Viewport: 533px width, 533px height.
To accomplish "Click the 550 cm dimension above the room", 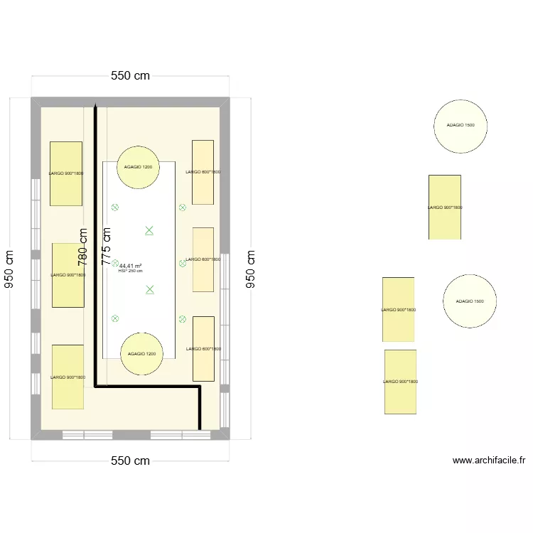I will (x=130, y=76).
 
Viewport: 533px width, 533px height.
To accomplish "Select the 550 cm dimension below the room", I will (x=130, y=461).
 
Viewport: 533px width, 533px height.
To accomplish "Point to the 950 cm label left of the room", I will (x=9, y=269).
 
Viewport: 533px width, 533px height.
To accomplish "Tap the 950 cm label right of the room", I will (x=250, y=269).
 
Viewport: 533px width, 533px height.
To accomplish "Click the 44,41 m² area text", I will (x=130, y=266).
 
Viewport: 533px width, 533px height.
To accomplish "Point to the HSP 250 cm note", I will (x=131, y=271).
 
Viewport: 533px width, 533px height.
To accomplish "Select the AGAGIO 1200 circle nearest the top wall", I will (x=138, y=167).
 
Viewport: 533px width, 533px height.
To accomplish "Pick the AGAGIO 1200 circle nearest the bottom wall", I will (x=141, y=353).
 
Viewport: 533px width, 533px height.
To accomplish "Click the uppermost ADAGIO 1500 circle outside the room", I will (x=461, y=126).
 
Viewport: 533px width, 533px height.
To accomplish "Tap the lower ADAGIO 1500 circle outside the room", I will (x=470, y=301).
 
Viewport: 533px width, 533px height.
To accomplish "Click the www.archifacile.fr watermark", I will (x=488, y=461).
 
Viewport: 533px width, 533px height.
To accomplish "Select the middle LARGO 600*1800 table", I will (x=203, y=259).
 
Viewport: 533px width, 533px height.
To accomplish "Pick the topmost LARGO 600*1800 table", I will (x=203, y=172).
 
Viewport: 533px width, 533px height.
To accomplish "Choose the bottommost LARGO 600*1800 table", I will (x=203, y=349).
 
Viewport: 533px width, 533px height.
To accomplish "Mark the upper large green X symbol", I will (x=149, y=230).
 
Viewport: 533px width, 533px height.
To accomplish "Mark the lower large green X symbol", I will (x=149, y=289).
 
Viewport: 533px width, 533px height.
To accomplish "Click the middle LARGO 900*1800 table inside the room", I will (x=68, y=275).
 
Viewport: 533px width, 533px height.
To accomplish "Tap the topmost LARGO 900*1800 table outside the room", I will (x=445, y=207).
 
